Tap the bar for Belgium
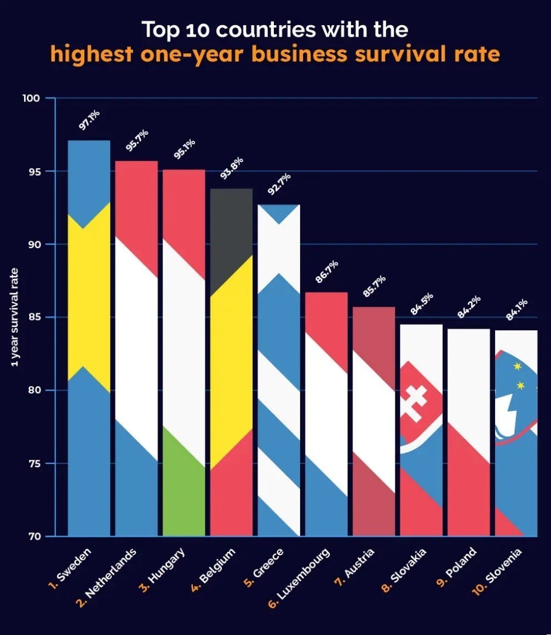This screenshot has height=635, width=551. tap(231, 362)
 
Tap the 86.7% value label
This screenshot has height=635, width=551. tap(327, 272)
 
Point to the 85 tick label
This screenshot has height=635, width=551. tap(33, 317)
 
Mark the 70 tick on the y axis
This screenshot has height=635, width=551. tap(33, 536)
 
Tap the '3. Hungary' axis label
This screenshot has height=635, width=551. tap(163, 570)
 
